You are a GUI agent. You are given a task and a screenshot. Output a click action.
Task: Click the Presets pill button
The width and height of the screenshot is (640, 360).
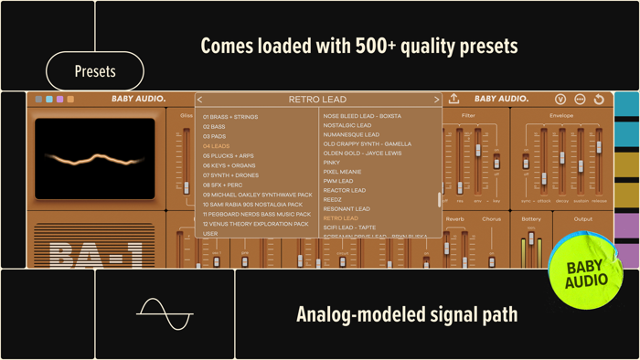[x=95, y=71]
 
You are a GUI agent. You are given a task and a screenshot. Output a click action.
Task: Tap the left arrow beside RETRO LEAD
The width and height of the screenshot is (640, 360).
[x=200, y=100]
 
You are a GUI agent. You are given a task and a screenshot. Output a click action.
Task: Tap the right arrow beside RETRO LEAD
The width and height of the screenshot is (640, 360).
[x=436, y=100]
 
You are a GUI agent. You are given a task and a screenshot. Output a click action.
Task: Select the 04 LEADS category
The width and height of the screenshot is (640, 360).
[x=217, y=146]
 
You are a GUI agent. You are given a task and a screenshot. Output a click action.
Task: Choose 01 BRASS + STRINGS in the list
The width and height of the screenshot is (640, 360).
[x=230, y=117]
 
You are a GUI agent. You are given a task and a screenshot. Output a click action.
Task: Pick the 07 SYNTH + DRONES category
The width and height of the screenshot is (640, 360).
[x=230, y=175]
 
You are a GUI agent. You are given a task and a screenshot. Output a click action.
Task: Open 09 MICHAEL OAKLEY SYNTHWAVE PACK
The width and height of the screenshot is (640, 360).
[x=258, y=195]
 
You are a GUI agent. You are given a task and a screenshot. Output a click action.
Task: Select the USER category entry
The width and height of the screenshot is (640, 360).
[x=210, y=234]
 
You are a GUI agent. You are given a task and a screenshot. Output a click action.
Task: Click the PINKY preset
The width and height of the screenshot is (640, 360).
[x=331, y=163]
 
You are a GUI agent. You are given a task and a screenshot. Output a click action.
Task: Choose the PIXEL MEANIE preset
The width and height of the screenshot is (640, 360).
[x=342, y=172]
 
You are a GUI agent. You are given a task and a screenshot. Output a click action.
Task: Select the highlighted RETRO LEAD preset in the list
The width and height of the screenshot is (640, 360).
[x=340, y=218]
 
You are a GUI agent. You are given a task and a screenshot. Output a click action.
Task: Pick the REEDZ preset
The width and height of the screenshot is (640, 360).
[x=332, y=200]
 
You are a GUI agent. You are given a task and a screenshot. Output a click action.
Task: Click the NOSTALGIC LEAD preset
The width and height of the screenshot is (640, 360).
[x=347, y=125]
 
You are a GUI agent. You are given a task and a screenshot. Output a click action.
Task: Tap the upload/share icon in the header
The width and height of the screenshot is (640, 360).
[x=453, y=99]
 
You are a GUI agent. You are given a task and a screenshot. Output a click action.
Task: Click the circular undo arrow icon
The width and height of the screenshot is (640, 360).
[x=599, y=99]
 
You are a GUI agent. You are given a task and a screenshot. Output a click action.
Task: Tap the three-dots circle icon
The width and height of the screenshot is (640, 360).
[x=580, y=99]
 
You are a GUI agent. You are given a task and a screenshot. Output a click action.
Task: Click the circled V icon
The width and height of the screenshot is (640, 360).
[x=560, y=99]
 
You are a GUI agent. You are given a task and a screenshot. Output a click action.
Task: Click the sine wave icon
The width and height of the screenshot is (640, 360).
[x=165, y=314]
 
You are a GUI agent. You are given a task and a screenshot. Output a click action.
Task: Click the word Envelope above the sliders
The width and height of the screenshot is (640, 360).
[x=561, y=116]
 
